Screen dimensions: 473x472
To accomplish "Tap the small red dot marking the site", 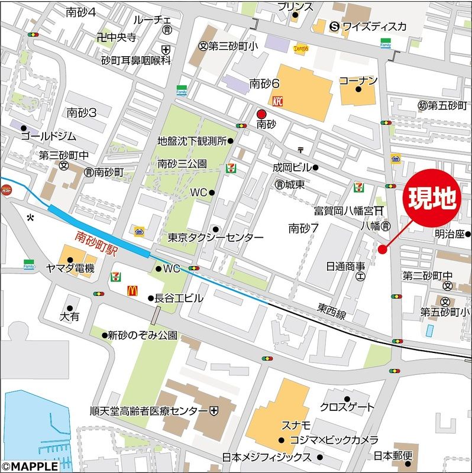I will click(x=382, y=249).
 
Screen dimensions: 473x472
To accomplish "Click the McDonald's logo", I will click(x=133, y=291).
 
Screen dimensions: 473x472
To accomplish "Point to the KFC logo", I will click(x=278, y=101).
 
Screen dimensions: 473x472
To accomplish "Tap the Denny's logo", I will click(x=301, y=50).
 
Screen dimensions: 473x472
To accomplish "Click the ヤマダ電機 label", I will click(x=70, y=268).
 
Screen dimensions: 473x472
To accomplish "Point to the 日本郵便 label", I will click(x=397, y=456).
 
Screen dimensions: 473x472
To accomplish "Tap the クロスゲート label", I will click(x=347, y=407).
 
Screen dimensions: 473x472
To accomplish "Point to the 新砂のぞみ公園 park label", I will click(x=143, y=335).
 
